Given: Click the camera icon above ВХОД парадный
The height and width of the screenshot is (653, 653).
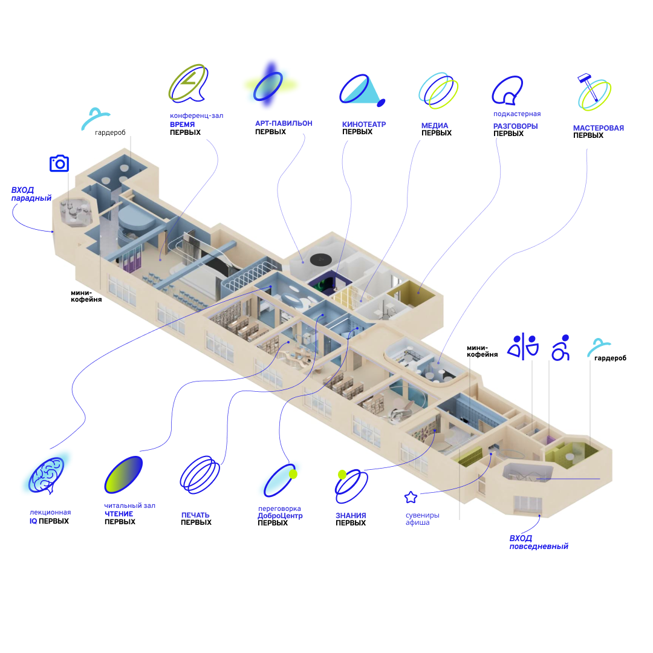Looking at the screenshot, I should tap(59, 163).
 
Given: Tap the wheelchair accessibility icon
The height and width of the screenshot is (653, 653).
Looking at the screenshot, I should tap(560, 348).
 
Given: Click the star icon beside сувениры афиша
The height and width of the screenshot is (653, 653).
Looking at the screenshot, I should tap(411, 498).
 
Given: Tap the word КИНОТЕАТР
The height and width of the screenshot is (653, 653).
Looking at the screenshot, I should tap(364, 125).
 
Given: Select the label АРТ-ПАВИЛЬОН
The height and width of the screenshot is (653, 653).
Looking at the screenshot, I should tap(284, 123).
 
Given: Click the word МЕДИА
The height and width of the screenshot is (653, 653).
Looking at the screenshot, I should tap(435, 126).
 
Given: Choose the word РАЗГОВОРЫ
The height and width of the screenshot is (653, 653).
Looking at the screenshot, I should tap(515, 126).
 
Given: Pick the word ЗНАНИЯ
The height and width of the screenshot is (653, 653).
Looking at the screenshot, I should tap(351, 516).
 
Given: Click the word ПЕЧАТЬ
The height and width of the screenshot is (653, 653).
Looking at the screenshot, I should tap(196, 515).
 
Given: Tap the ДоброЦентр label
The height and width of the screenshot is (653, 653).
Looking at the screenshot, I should tap(280, 516).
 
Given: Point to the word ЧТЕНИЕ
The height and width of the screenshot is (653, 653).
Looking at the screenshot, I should tap(119, 514).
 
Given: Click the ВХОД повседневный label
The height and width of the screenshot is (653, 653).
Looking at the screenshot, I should tap(538, 542).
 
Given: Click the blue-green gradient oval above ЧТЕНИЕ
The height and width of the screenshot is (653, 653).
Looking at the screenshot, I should tap(123, 473).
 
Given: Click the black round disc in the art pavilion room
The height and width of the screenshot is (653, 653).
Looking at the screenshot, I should tap(319, 259).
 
